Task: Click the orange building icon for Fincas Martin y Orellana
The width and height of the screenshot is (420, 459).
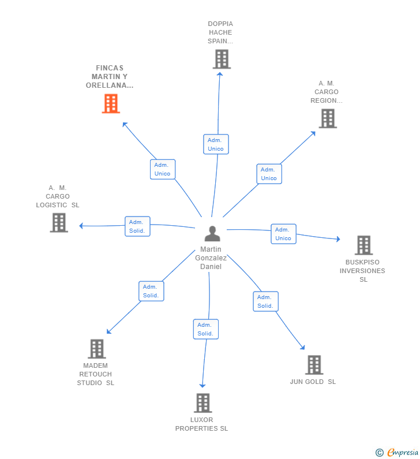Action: click(x=111, y=103)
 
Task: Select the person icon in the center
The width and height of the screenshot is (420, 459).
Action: click(x=212, y=234)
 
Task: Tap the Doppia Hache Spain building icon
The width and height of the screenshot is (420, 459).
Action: click(x=222, y=59)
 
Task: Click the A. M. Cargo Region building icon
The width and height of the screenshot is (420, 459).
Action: click(x=327, y=118)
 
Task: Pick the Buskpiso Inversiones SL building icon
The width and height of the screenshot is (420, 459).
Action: click(x=363, y=245)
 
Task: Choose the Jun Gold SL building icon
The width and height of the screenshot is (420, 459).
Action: click(x=314, y=365)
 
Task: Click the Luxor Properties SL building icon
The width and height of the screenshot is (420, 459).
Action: click(x=202, y=403)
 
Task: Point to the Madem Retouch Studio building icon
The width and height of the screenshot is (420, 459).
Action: click(x=96, y=349)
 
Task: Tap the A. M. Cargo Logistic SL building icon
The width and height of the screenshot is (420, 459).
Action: click(x=59, y=223)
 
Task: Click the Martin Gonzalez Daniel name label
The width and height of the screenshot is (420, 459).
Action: click(x=211, y=258)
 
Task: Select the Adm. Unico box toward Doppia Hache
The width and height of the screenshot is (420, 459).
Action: click(x=216, y=144)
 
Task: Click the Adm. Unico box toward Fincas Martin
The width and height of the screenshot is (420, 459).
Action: click(x=162, y=169)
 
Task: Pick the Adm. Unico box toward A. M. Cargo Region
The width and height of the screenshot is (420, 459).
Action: click(x=269, y=174)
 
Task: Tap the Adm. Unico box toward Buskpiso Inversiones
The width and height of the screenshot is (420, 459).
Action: click(x=283, y=234)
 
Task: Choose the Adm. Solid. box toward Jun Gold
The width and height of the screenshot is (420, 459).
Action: click(x=265, y=301)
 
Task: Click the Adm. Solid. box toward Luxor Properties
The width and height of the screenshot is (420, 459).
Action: click(x=205, y=329)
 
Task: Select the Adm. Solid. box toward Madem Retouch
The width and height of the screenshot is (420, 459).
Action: click(x=151, y=291)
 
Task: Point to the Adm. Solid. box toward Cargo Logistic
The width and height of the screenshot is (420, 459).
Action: click(x=137, y=226)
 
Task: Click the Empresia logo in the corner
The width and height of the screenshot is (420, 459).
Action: click(x=397, y=453)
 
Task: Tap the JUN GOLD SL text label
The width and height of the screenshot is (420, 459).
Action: click(x=313, y=382)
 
